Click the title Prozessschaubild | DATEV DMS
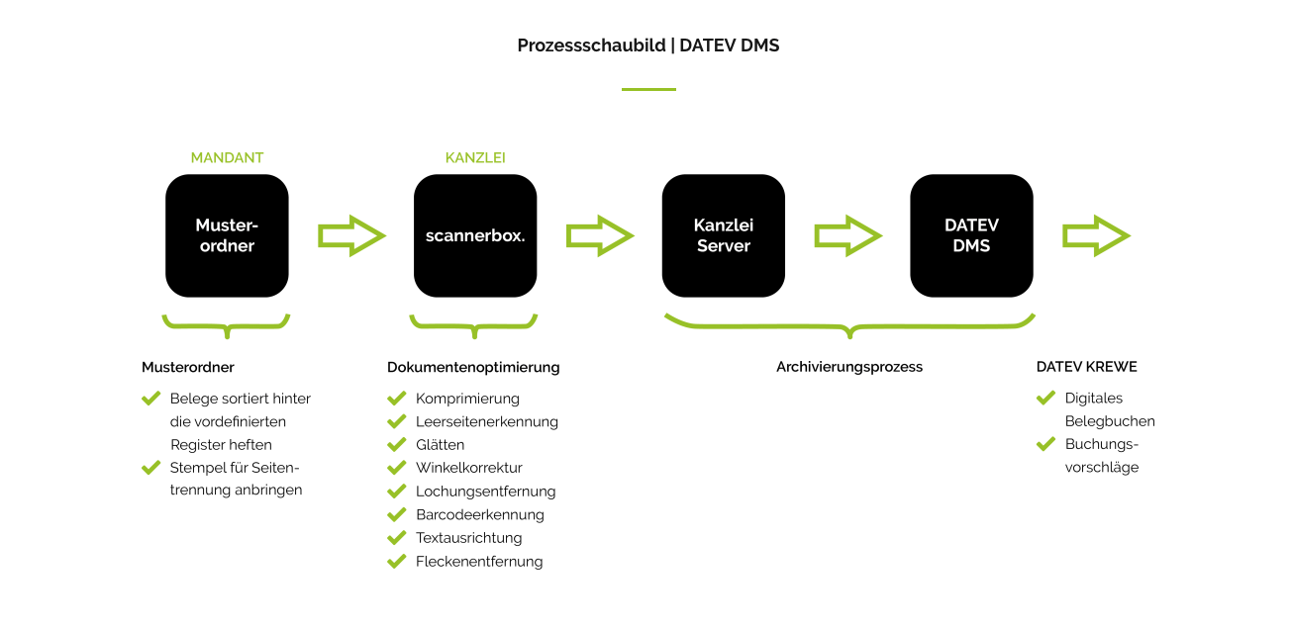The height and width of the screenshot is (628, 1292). tap(647, 45)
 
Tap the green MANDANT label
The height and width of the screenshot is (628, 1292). tap(227, 157)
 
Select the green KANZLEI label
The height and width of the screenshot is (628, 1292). tap(475, 157)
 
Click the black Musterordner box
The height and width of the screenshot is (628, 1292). tap(227, 235)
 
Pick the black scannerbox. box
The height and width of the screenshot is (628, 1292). tap(475, 235)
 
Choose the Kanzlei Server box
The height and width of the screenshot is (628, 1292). tap(723, 235)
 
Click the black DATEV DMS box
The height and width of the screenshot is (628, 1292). tap(971, 235)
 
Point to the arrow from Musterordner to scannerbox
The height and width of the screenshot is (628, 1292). tap(351, 235)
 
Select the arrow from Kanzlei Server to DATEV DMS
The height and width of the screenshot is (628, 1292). tap(847, 235)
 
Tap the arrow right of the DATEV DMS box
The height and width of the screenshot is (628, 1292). tap(1096, 235)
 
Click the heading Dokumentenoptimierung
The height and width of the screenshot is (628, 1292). tap(473, 367)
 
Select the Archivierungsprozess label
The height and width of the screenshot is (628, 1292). tap(848, 367)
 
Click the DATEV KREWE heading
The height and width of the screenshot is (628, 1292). tap(1086, 367)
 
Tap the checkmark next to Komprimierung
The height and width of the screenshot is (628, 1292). tap(397, 399)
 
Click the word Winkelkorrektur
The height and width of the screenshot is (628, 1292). tap(468, 468)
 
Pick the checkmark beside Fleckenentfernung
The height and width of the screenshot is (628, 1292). tap(397, 562)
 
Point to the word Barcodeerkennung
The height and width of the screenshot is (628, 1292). tap(479, 514)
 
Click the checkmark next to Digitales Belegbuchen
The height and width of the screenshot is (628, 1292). tap(1045, 399)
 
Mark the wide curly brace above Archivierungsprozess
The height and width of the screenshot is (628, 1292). tap(849, 325)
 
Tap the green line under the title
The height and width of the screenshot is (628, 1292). tap(648, 89)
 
